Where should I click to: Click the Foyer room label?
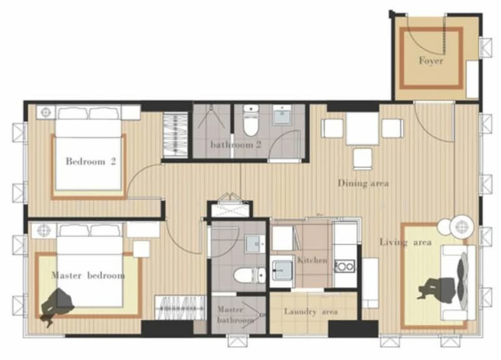(x=431, y=60)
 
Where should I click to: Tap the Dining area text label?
(x=363, y=183)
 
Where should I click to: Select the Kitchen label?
(x=312, y=260)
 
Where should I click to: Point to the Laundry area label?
(x=311, y=311)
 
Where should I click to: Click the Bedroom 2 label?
(x=91, y=162)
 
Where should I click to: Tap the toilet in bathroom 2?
(x=252, y=121)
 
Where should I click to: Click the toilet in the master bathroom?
(x=249, y=275)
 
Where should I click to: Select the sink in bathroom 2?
(x=282, y=115)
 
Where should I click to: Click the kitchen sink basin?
(x=282, y=270)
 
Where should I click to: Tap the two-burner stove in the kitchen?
(x=344, y=266)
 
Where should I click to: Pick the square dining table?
(x=363, y=128)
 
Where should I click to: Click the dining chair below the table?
(x=363, y=159)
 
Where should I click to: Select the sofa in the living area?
(x=458, y=283)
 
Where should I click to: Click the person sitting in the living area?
(x=437, y=289)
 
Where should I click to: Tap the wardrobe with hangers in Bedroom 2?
(x=175, y=135)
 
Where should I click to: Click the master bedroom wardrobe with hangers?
(x=180, y=307)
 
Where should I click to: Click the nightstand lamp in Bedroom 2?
(x=46, y=113)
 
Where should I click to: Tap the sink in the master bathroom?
(x=255, y=244)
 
